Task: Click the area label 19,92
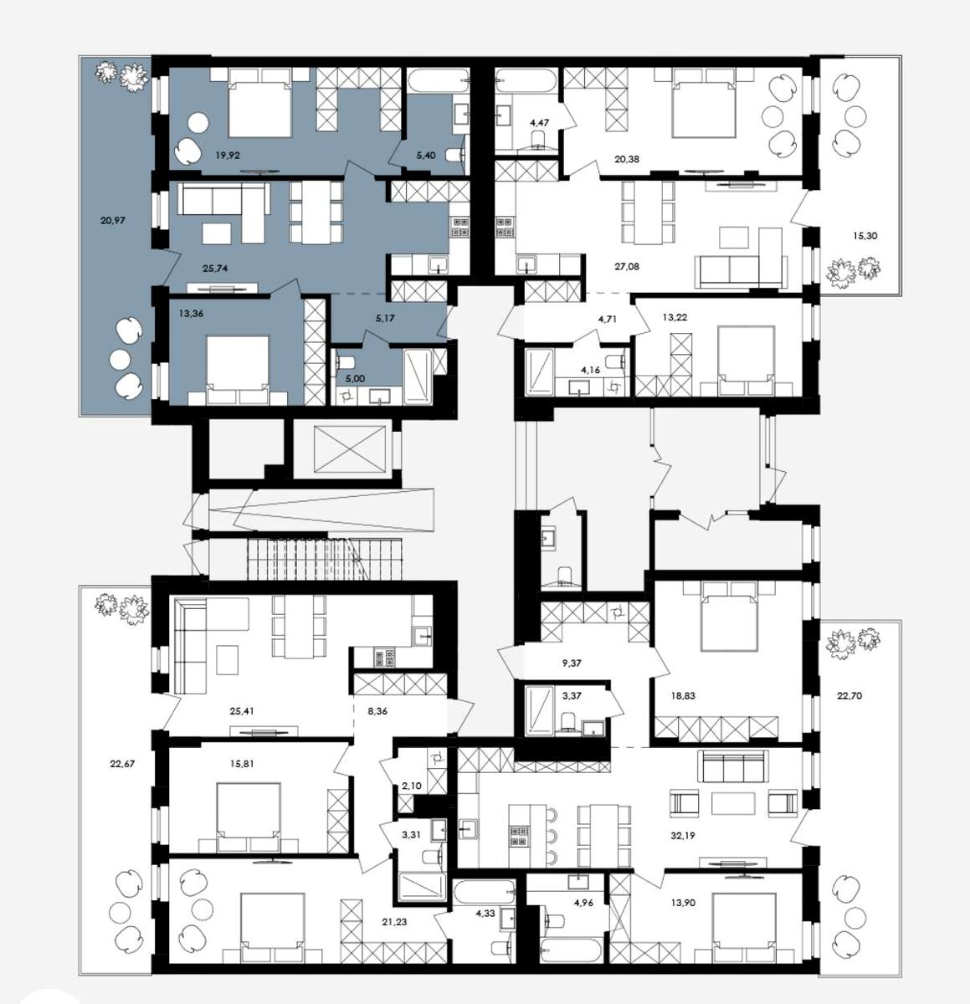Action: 228,154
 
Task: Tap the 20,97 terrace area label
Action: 113,220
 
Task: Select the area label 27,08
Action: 627,267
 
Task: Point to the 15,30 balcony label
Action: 865,236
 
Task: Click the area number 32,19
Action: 683,835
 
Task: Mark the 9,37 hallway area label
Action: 571,663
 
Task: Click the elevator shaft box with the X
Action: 349,448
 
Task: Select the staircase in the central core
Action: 324,559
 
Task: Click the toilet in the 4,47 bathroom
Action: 539,139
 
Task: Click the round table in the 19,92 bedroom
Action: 198,123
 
